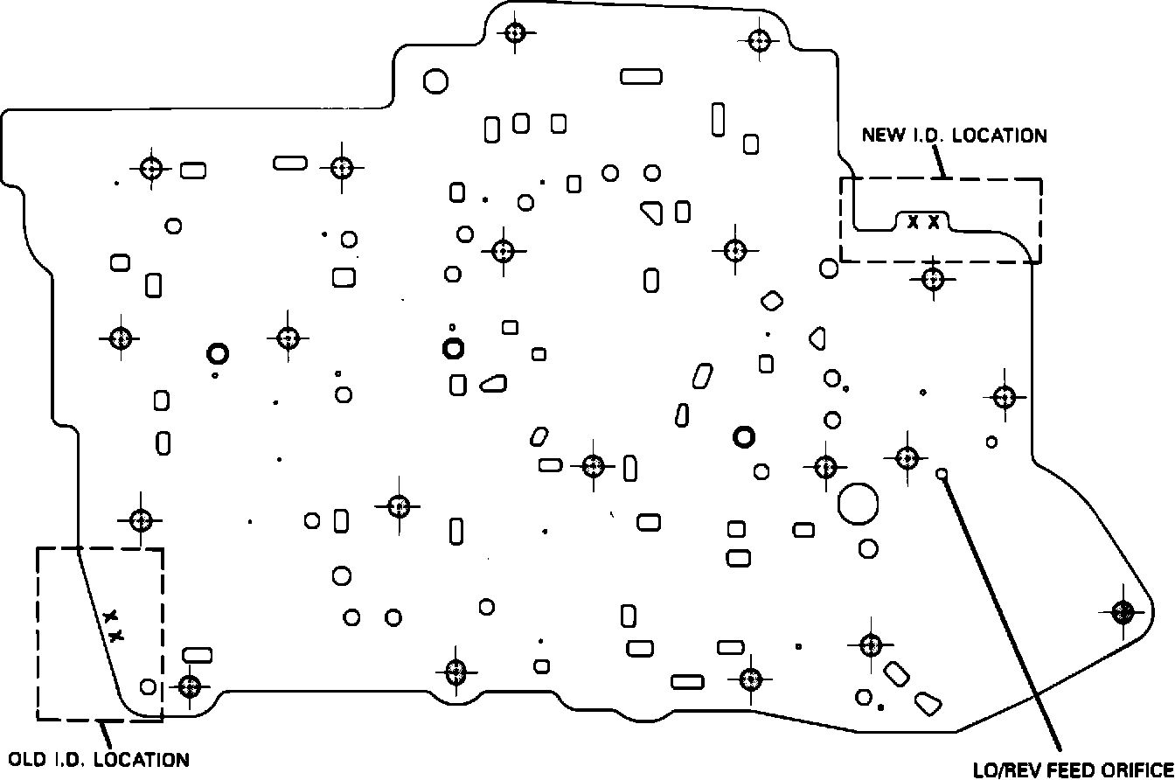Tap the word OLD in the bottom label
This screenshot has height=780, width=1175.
click(x=25, y=759)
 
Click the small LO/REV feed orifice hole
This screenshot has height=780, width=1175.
click(x=942, y=474)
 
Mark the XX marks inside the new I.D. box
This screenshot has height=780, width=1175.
click(x=923, y=221)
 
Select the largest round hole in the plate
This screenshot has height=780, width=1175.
click(x=858, y=503)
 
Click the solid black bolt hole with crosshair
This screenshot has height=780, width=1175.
click(x=1123, y=611)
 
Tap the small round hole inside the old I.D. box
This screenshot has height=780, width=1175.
click(x=149, y=686)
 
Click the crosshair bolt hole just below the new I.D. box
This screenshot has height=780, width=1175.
click(x=933, y=279)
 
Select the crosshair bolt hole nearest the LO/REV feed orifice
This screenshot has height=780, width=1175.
click(x=906, y=456)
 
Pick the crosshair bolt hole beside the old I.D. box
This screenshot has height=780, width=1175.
click(x=189, y=686)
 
